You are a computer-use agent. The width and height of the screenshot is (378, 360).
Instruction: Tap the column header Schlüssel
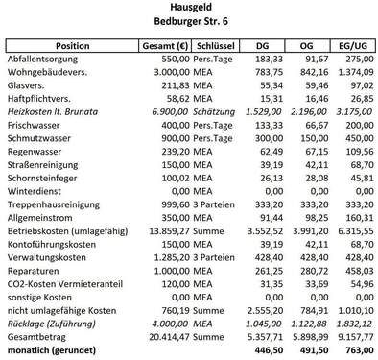[214, 45]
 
